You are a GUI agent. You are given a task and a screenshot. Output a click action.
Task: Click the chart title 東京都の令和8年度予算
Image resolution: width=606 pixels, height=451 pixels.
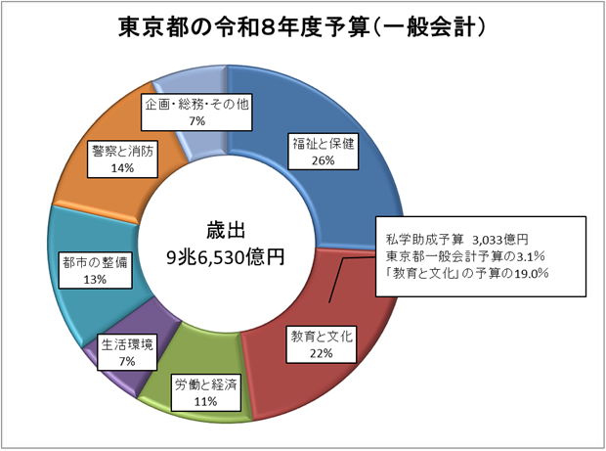(x=243, y=27)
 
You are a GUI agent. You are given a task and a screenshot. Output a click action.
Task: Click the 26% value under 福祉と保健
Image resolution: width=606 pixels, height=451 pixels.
(x=324, y=160)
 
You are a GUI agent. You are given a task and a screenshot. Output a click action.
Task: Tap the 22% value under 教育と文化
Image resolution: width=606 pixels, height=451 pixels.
(x=321, y=353)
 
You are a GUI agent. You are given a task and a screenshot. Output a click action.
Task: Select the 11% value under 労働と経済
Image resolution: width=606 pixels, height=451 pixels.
(x=205, y=401)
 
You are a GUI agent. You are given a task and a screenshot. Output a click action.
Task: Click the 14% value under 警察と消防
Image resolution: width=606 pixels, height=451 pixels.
(x=122, y=168)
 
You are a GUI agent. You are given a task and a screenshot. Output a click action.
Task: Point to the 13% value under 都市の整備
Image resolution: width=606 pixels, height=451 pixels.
(x=95, y=279)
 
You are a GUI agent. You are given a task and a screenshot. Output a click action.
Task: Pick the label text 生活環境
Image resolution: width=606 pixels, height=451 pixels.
(x=127, y=344)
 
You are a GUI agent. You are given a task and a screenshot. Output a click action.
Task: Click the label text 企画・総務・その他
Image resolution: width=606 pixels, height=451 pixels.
(x=196, y=104)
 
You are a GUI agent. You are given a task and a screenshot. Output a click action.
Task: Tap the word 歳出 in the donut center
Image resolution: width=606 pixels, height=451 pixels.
(x=226, y=231)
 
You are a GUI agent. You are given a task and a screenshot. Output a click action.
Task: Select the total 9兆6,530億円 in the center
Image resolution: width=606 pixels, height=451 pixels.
(x=226, y=257)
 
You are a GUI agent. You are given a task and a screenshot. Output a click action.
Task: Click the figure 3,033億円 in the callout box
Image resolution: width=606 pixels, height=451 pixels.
(x=500, y=240)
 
